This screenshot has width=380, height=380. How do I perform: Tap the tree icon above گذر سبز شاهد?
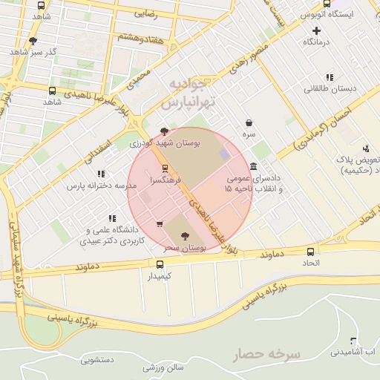click(x=33, y=42)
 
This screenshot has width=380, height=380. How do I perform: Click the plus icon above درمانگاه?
click(x=317, y=30)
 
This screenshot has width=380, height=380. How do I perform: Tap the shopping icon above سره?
click(x=248, y=123)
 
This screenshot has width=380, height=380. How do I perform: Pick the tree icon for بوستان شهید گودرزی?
click(x=165, y=131)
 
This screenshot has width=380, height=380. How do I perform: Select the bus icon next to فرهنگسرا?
click(x=165, y=168)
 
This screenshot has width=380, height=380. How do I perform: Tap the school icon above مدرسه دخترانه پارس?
click(x=102, y=174)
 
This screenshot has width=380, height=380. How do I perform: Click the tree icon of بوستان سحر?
click(x=185, y=236)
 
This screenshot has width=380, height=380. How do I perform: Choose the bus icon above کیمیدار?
click(x=160, y=264)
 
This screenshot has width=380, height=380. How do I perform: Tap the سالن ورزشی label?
click(x=163, y=367)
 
